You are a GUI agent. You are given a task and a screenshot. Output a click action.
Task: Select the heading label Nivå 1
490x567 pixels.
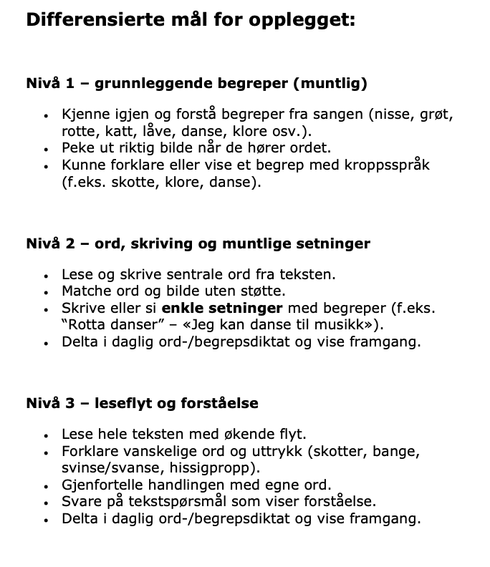tap(49, 84)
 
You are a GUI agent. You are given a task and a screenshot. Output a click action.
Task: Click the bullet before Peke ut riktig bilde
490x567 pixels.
tap(46, 150)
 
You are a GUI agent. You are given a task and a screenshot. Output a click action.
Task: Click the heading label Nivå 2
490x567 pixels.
tap(49, 243)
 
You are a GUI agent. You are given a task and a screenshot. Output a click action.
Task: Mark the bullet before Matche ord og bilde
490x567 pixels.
tap(46, 292)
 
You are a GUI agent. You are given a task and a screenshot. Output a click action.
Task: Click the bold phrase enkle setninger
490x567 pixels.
tap(223, 308)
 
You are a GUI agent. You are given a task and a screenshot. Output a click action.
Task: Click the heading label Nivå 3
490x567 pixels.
tap(49, 404)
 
